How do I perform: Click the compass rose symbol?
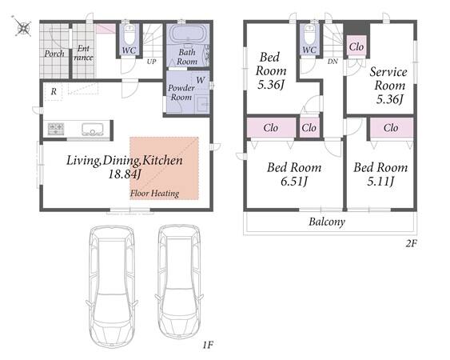click(x=23, y=28)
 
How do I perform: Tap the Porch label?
click(x=54, y=54)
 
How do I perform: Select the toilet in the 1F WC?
click(x=129, y=34)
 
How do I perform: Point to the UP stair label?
click(x=152, y=62)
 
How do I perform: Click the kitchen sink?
click(x=93, y=129)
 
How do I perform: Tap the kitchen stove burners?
click(x=56, y=129)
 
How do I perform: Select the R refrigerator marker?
click(x=54, y=92)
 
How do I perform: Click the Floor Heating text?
click(x=155, y=194)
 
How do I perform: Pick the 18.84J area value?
click(x=125, y=174)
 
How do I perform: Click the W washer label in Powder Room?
click(x=201, y=80)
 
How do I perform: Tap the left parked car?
click(x=113, y=286)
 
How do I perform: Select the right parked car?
click(x=179, y=282)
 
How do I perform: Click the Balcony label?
click(x=327, y=222)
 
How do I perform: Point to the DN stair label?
click(x=333, y=62)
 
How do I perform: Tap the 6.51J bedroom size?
click(x=294, y=182)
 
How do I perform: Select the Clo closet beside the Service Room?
click(x=356, y=47)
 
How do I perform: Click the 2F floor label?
click(x=411, y=244)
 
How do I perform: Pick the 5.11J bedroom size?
click(x=380, y=182)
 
